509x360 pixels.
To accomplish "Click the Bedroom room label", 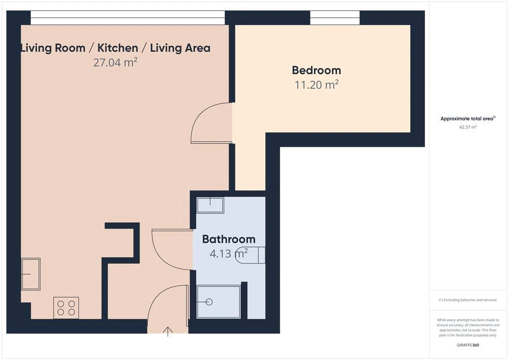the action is (x=316, y=70).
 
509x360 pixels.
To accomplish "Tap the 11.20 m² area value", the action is (x=317, y=85).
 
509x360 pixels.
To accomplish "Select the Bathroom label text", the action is (x=229, y=239).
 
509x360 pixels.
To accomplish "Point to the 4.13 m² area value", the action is (x=229, y=253).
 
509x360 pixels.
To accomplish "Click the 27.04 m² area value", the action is (x=115, y=62).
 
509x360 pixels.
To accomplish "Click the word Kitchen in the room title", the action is (x=117, y=48).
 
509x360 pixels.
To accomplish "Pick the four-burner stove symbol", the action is (x=66, y=308).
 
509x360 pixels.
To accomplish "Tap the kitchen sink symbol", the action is (x=31, y=274).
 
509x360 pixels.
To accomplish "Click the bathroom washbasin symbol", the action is (x=210, y=205).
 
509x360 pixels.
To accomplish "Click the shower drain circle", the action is (x=209, y=302).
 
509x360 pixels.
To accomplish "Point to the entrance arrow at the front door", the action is (x=168, y=332).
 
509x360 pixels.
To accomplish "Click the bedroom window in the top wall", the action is (x=335, y=17).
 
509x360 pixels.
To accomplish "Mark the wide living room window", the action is (x=128, y=17).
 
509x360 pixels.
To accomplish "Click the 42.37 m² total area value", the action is (x=468, y=127).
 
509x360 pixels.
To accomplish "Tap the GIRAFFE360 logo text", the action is (x=468, y=345).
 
